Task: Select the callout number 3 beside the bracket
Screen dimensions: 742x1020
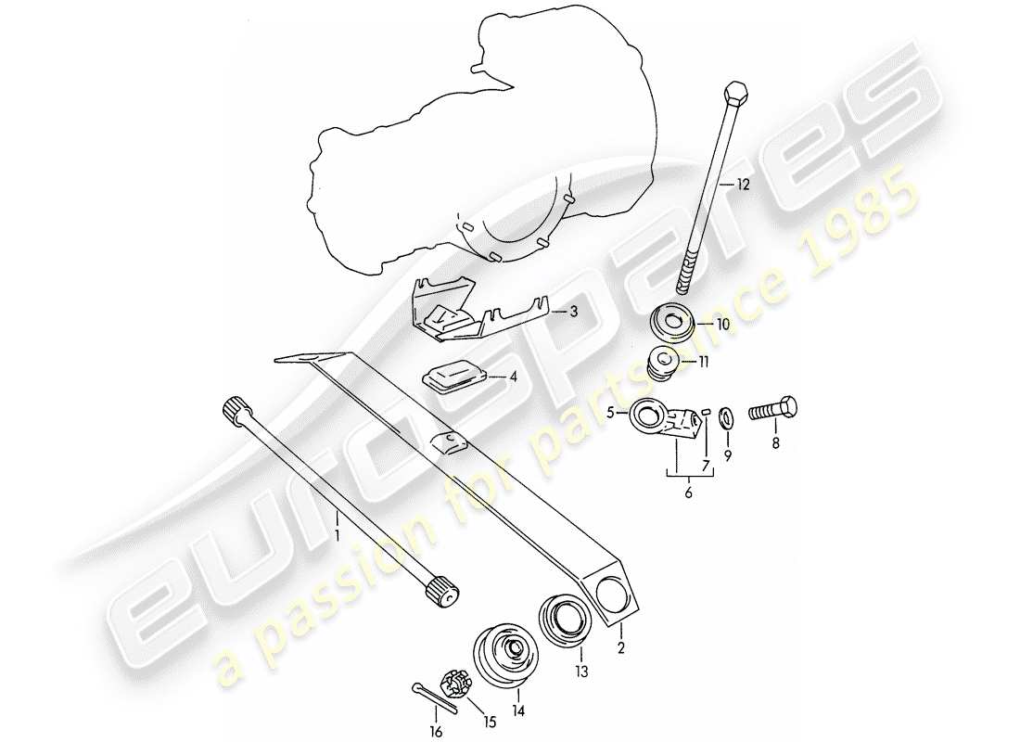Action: (x=574, y=313)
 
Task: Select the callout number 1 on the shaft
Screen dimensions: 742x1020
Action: (x=338, y=535)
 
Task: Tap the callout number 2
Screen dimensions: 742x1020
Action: (x=620, y=649)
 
